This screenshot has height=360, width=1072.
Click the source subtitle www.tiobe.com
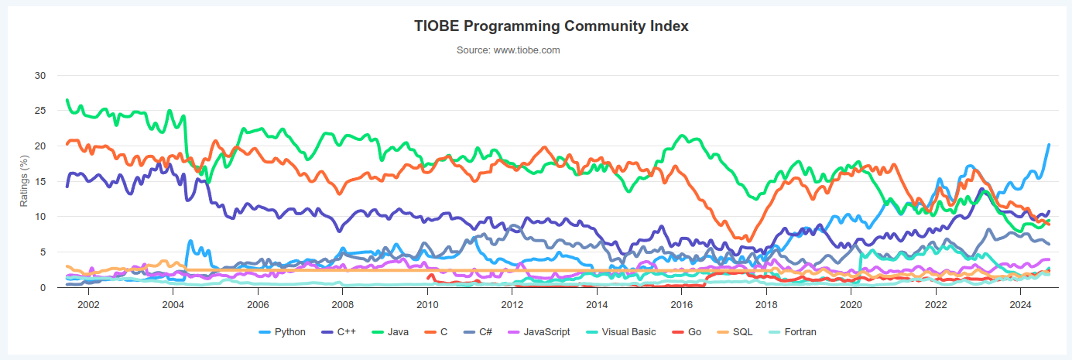(x=508, y=50)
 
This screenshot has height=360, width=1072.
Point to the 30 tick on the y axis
(x=40, y=76)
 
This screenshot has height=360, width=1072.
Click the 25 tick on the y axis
(x=40, y=111)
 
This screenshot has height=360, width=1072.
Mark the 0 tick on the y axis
(x=43, y=288)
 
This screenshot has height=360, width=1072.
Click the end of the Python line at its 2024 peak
(x=1049, y=145)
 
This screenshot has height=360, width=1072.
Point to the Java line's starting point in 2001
(x=67, y=101)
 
